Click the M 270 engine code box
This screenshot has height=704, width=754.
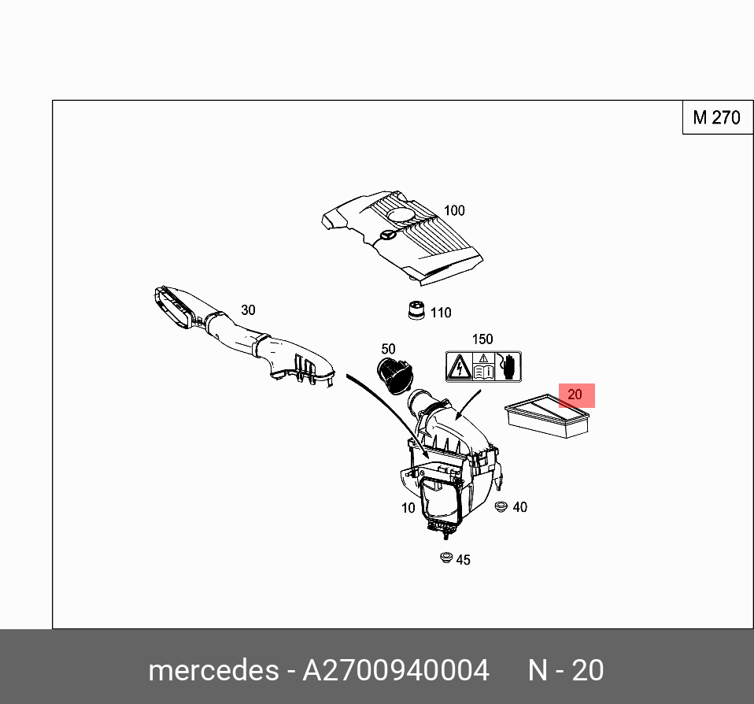pyautogui.click(x=716, y=118)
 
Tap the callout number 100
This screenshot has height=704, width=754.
pyautogui.click(x=454, y=210)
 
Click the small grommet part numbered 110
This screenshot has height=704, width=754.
pyautogui.click(x=416, y=311)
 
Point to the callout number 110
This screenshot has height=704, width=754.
pyautogui.click(x=441, y=313)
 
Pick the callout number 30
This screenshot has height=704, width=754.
pyautogui.click(x=248, y=310)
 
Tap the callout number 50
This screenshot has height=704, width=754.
pyautogui.click(x=388, y=349)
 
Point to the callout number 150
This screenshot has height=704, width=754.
pyautogui.click(x=482, y=339)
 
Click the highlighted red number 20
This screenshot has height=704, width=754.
pyautogui.click(x=575, y=395)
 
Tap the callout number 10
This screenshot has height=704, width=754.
pyautogui.click(x=408, y=508)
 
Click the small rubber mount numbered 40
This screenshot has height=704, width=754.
pyautogui.click(x=500, y=505)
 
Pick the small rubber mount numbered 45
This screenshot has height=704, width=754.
pyautogui.click(x=445, y=558)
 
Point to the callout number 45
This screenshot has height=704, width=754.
pyautogui.click(x=463, y=560)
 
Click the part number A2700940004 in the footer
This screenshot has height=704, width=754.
pyautogui.click(x=397, y=670)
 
